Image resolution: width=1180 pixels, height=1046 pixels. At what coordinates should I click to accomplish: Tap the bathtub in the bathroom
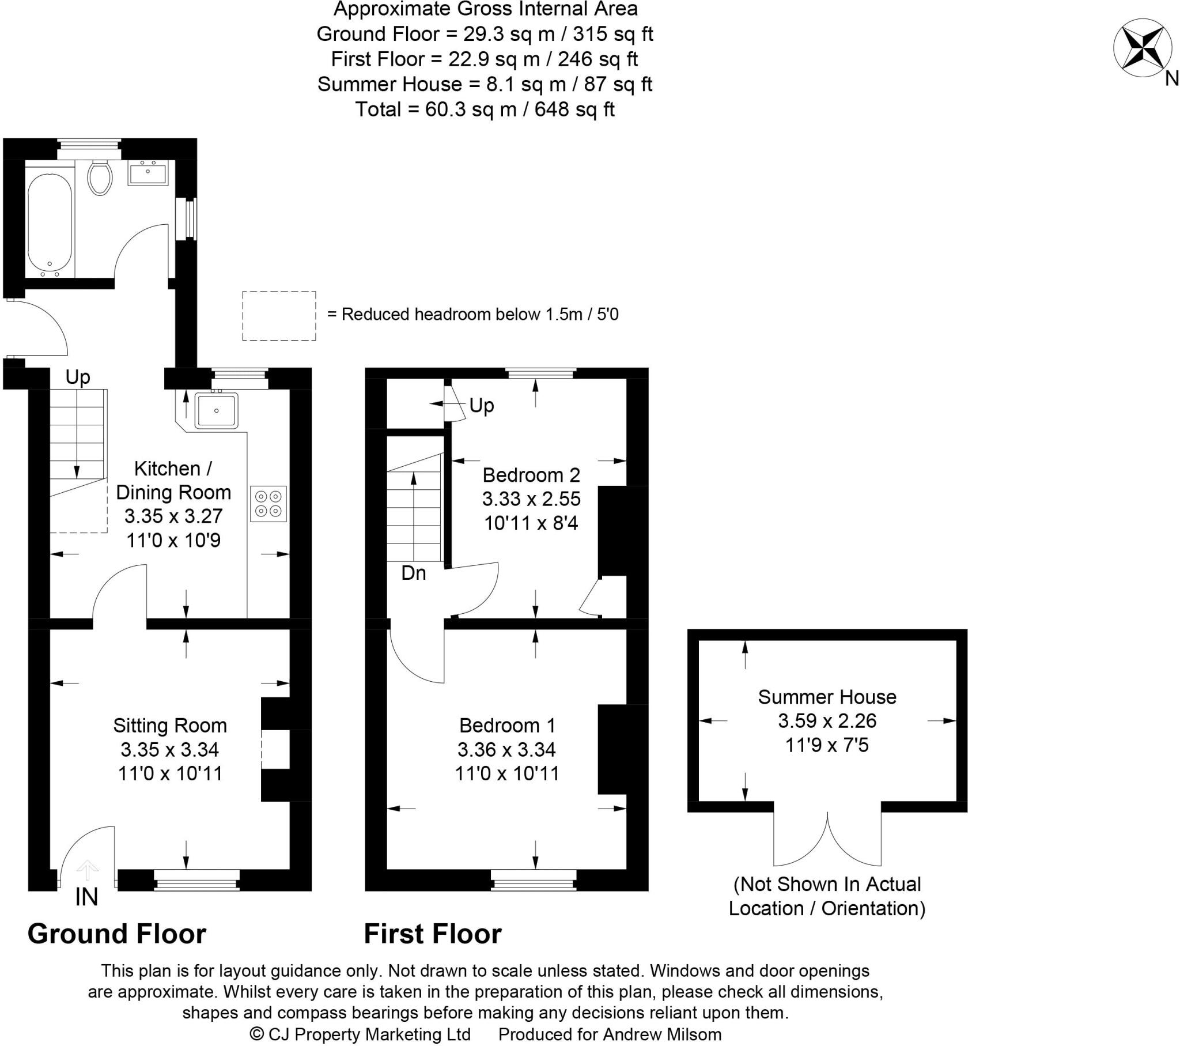coord(50,222)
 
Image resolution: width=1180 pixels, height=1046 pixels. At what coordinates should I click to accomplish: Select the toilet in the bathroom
coord(99,178)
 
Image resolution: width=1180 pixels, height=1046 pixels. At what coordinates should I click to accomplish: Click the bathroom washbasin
coord(148,173)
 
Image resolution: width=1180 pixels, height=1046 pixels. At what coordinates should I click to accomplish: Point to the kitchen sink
coord(217,411)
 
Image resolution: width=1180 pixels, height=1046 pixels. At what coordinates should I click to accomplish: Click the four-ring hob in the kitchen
coord(268,504)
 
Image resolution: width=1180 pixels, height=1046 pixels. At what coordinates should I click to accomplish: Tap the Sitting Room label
coord(170,726)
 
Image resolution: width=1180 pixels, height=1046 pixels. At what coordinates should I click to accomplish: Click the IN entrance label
coord(86,897)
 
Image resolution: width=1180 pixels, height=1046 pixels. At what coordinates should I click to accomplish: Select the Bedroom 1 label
coord(507,725)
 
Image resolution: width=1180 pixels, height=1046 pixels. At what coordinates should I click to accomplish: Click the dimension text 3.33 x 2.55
coord(531,499)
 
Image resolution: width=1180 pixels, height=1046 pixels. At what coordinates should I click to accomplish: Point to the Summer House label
coord(827,697)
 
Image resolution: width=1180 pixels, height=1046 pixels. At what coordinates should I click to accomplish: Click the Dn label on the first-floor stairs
coord(413,573)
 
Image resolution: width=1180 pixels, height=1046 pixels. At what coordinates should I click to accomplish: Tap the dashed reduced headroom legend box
coord(279,316)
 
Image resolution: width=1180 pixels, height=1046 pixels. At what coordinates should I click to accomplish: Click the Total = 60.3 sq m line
coord(485,109)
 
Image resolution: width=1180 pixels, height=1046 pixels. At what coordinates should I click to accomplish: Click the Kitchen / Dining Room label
coord(173,480)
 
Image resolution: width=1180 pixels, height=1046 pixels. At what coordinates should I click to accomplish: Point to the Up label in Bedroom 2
coord(482,406)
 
